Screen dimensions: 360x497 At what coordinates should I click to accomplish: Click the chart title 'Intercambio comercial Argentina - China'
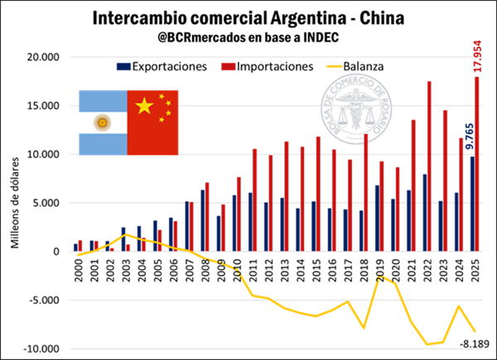point(248,17)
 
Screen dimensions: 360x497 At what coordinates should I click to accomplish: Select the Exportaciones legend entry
point(165,65)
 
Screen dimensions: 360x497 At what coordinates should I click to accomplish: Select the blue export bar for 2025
point(471,204)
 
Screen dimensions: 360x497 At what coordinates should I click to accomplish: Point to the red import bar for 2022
point(429,166)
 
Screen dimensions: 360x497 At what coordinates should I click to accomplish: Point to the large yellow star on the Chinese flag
point(144,106)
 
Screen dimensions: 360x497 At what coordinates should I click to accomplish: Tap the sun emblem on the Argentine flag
point(104,123)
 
